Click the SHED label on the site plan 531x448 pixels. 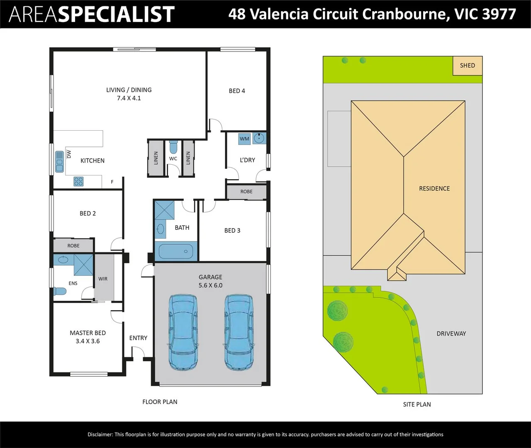(467, 66)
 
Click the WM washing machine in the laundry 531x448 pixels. (244, 139)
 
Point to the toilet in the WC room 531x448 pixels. (173, 148)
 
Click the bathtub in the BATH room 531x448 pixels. (176, 251)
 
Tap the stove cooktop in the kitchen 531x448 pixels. (78, 181)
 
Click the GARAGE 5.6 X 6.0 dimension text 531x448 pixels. (210, 281)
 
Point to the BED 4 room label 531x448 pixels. (237, 91)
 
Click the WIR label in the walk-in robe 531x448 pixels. (103, 279)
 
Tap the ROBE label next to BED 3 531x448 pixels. (246, 192)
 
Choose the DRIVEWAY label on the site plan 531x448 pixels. (451, 334)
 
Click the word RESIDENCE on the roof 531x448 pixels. (434, 188)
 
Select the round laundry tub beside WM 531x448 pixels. (259, 138)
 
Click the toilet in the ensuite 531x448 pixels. (59, 292)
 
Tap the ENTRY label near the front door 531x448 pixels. (138, 338)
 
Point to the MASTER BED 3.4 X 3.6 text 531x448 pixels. (88, 337)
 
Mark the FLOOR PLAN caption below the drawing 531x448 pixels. (160, 402)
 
